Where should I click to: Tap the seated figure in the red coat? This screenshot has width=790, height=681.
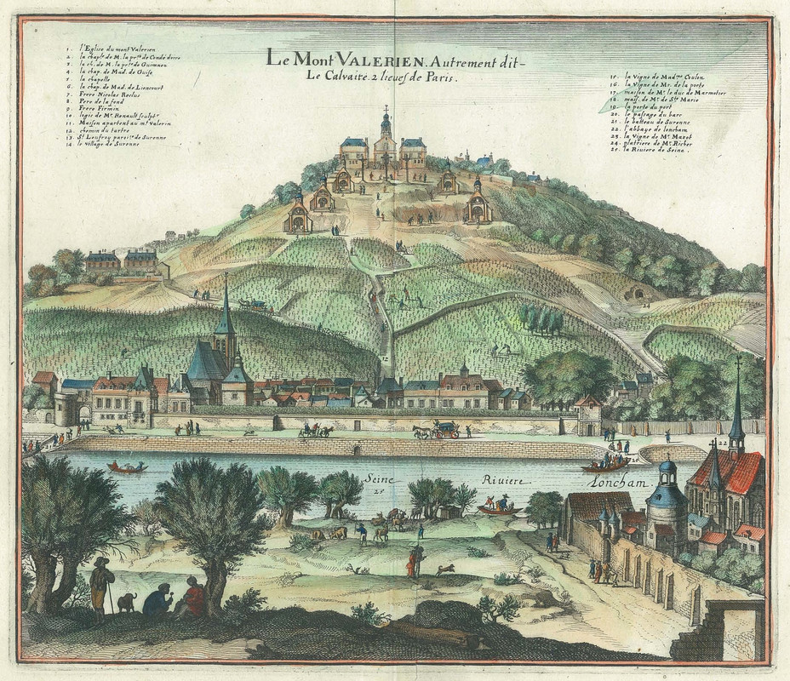click(x=193, y=598)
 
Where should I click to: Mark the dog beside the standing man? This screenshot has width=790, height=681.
click(x=127, y=602)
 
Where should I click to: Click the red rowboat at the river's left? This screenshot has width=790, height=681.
click(x=126, y=467)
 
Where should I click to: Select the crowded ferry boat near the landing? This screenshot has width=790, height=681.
click(x=606, y=464)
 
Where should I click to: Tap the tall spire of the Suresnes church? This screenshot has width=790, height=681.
click(x=226, y=306)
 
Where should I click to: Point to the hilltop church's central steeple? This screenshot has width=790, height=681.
click(x=386, y=123)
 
